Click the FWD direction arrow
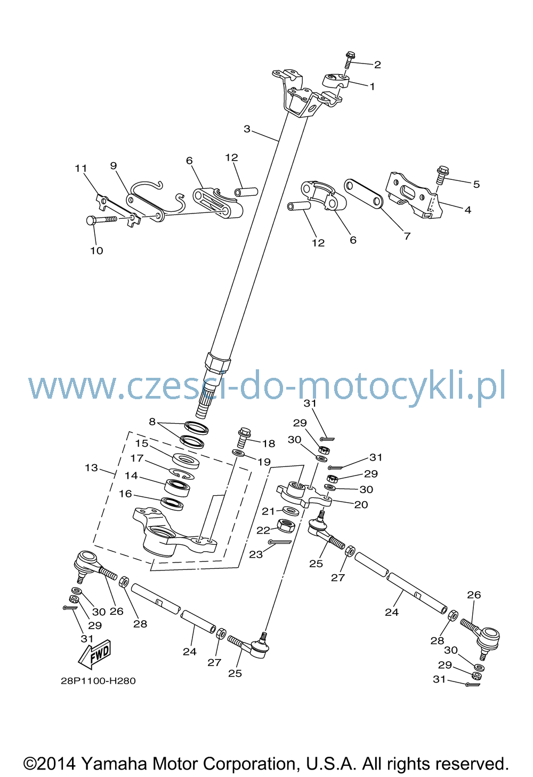click(x=94, y=654)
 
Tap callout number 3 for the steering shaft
click(x=247, y=129)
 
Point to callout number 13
click(x=92, y=468)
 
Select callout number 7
click(x=407, y=236)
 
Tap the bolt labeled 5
click(x=442, y=176)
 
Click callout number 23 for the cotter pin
click(x=256, y=554)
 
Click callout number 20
click(x=361, y=505)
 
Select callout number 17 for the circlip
click(x=137, y=458)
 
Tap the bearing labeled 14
click(x=177, y=488)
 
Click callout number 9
click(x=114, y=166)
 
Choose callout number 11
click(x=80, y=169)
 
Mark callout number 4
click(x=467, y=210)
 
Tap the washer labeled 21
click(x=291, y=511)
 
